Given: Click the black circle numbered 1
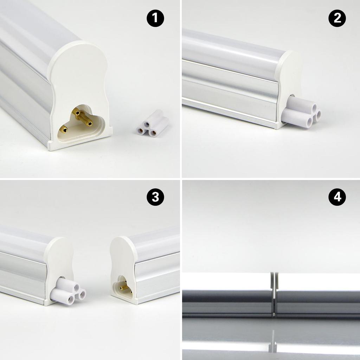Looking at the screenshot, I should coord(155,18).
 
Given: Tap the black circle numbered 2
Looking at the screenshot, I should coord(337,18).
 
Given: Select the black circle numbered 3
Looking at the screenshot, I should coord(155,198).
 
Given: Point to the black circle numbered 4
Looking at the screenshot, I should coord(337,198).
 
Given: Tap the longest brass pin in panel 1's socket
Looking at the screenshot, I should coord(84,118).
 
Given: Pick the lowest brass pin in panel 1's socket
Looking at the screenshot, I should coord(63,129).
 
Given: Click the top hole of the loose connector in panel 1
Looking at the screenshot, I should coord(147,124).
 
